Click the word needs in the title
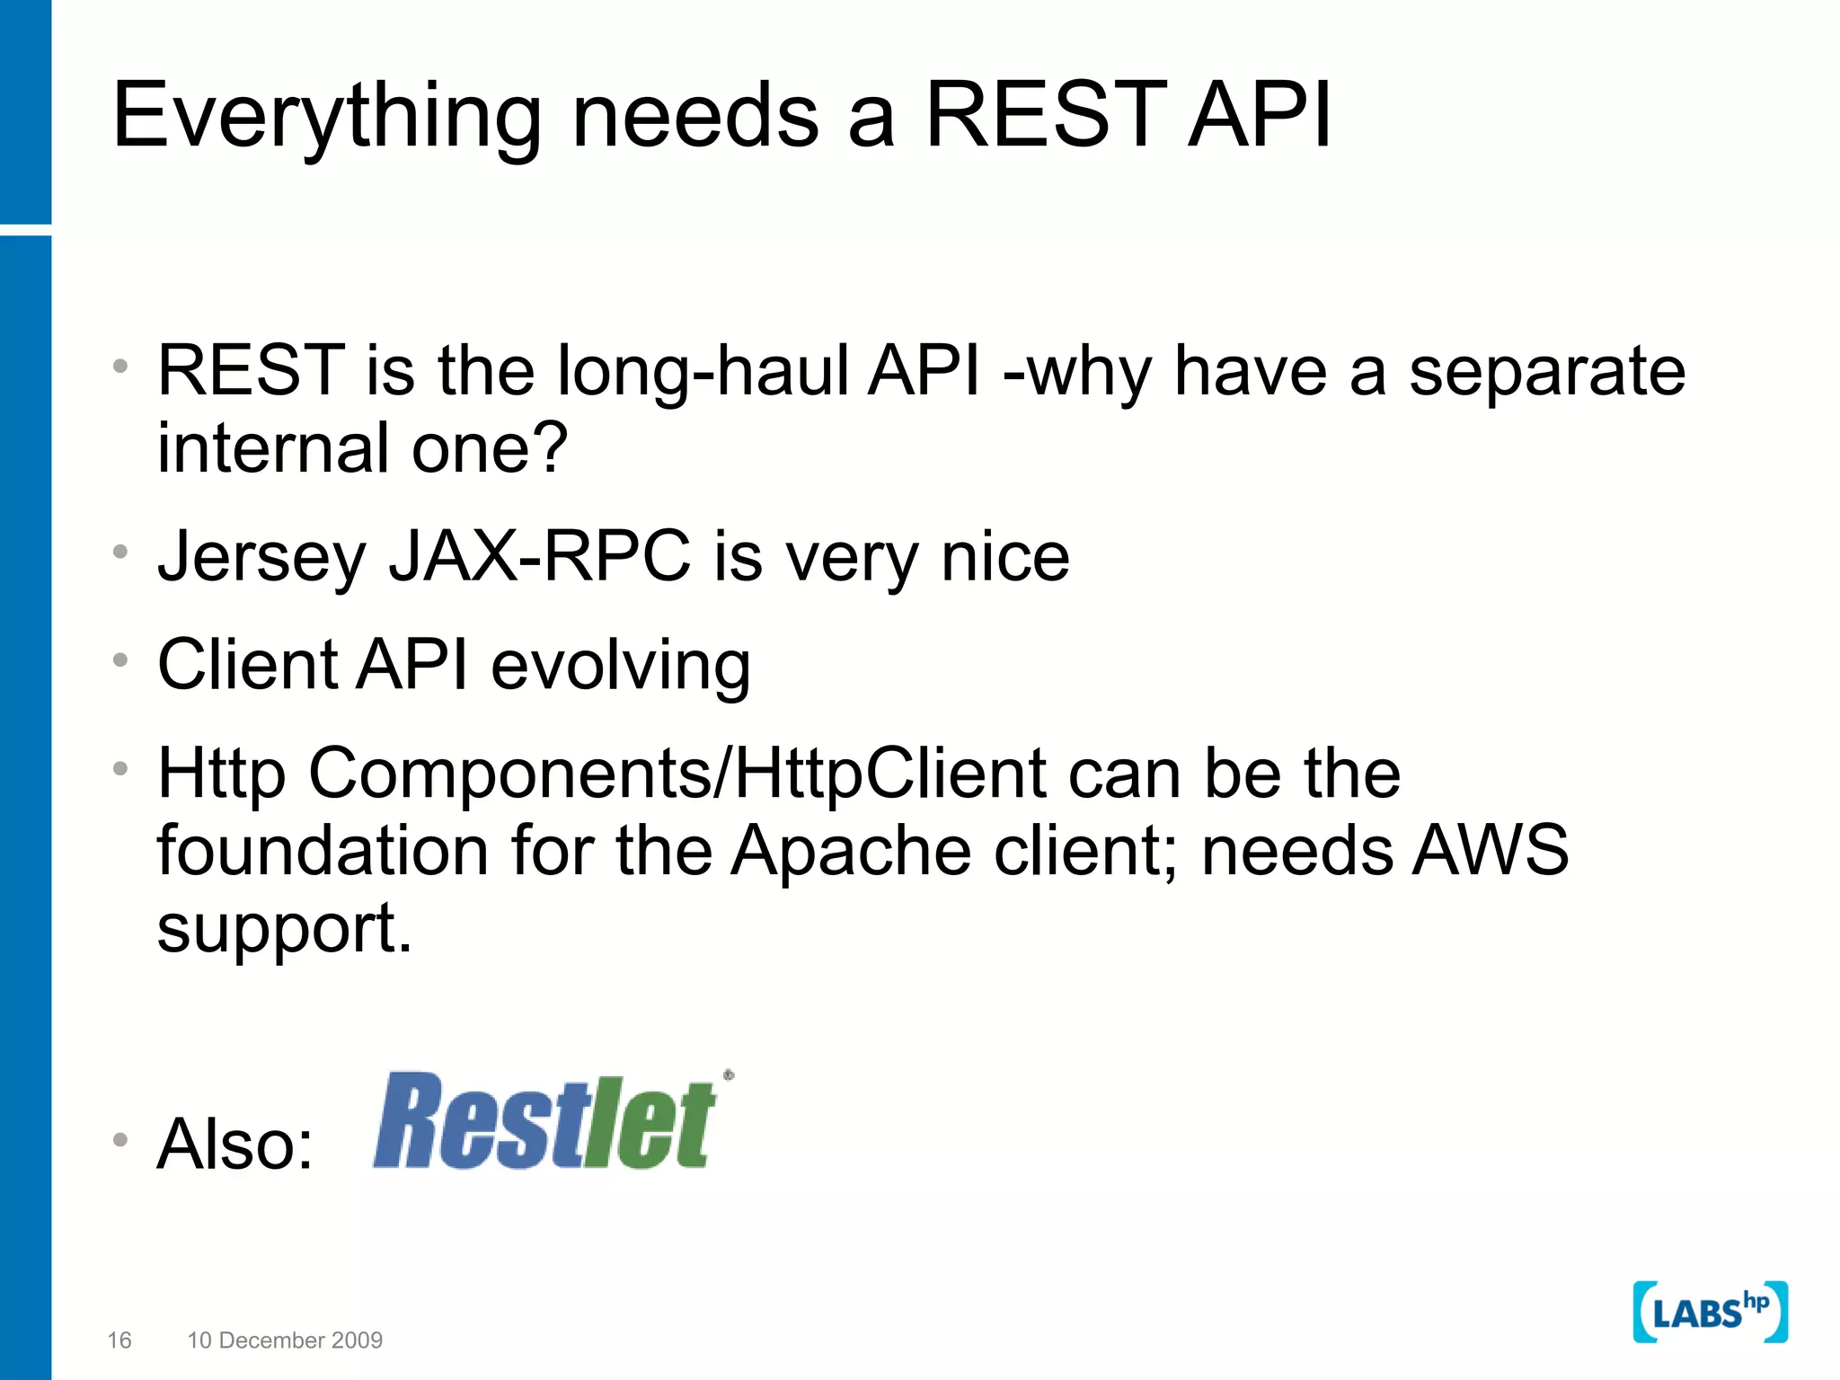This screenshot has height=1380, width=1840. [695, 117]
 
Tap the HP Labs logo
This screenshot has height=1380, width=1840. [1709, 1312]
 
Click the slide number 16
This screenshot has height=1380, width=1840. [119, 1340]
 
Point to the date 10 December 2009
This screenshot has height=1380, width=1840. [285, 1340]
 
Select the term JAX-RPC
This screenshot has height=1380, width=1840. [539, 557]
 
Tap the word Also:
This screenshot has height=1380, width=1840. [235, 1145]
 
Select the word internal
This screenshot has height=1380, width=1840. [273, 448]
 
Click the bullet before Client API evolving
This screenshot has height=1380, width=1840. [120, 661]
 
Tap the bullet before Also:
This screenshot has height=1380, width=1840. [120, 1140]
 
